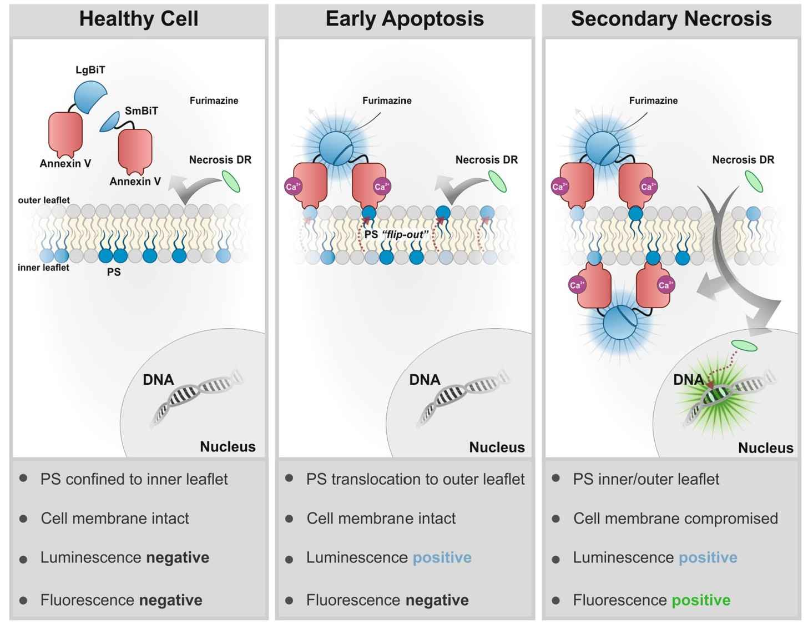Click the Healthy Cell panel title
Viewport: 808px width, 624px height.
(x=139, y=19)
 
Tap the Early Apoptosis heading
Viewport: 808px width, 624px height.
(x=405, y=19)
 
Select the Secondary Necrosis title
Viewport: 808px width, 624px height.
(x=671, y=19)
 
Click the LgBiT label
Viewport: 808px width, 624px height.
(x=90, y=71)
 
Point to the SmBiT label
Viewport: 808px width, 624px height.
(x=141, y=111)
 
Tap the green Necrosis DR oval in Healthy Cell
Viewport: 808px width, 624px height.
(x=231, y=182)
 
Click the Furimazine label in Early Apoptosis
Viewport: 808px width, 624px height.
(x=387, y=100)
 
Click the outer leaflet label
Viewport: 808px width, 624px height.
(x=44, y=200)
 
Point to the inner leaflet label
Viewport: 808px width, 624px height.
(x=43, y=268)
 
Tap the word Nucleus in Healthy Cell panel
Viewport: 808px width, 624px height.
(x=228, y=446)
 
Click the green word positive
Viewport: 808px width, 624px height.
(x=701, y=600)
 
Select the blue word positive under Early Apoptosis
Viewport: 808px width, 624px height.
(x=442, y=557)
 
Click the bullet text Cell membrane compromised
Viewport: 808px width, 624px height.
(x=675, y=519)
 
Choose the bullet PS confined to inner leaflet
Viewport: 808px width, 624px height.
(x=134, y=479)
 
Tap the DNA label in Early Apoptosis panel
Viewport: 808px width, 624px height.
(x=425, y=380)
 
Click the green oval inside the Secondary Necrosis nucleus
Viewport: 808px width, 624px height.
(x=744, y=345)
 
